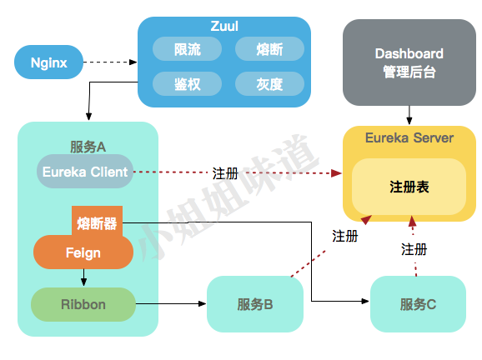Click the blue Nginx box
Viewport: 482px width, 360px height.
[x=48, y=62]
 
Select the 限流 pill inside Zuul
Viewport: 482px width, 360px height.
[x=187, y=50]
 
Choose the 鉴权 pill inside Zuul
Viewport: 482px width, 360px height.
[x=187, y=83]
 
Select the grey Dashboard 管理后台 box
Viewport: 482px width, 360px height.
[x=409, y=62]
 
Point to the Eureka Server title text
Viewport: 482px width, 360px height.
[x=409, y=137]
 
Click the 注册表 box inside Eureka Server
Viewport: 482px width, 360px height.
[x=409, y=187]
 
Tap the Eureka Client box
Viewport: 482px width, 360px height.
[x=84, y=172]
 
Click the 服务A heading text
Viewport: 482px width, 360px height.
[x=88, y=146]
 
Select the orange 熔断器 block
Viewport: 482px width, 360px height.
[x=97, y=222]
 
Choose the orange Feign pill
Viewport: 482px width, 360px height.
[x=83, y=252]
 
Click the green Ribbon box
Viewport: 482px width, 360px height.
[x=83, y=304]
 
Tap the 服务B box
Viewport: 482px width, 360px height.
[x=254, y=304]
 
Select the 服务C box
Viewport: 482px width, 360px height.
[x=418, y=304]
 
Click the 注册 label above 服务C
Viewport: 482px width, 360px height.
[x=414, y=249]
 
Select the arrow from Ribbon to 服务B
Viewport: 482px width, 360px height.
[x=171, y=304]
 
